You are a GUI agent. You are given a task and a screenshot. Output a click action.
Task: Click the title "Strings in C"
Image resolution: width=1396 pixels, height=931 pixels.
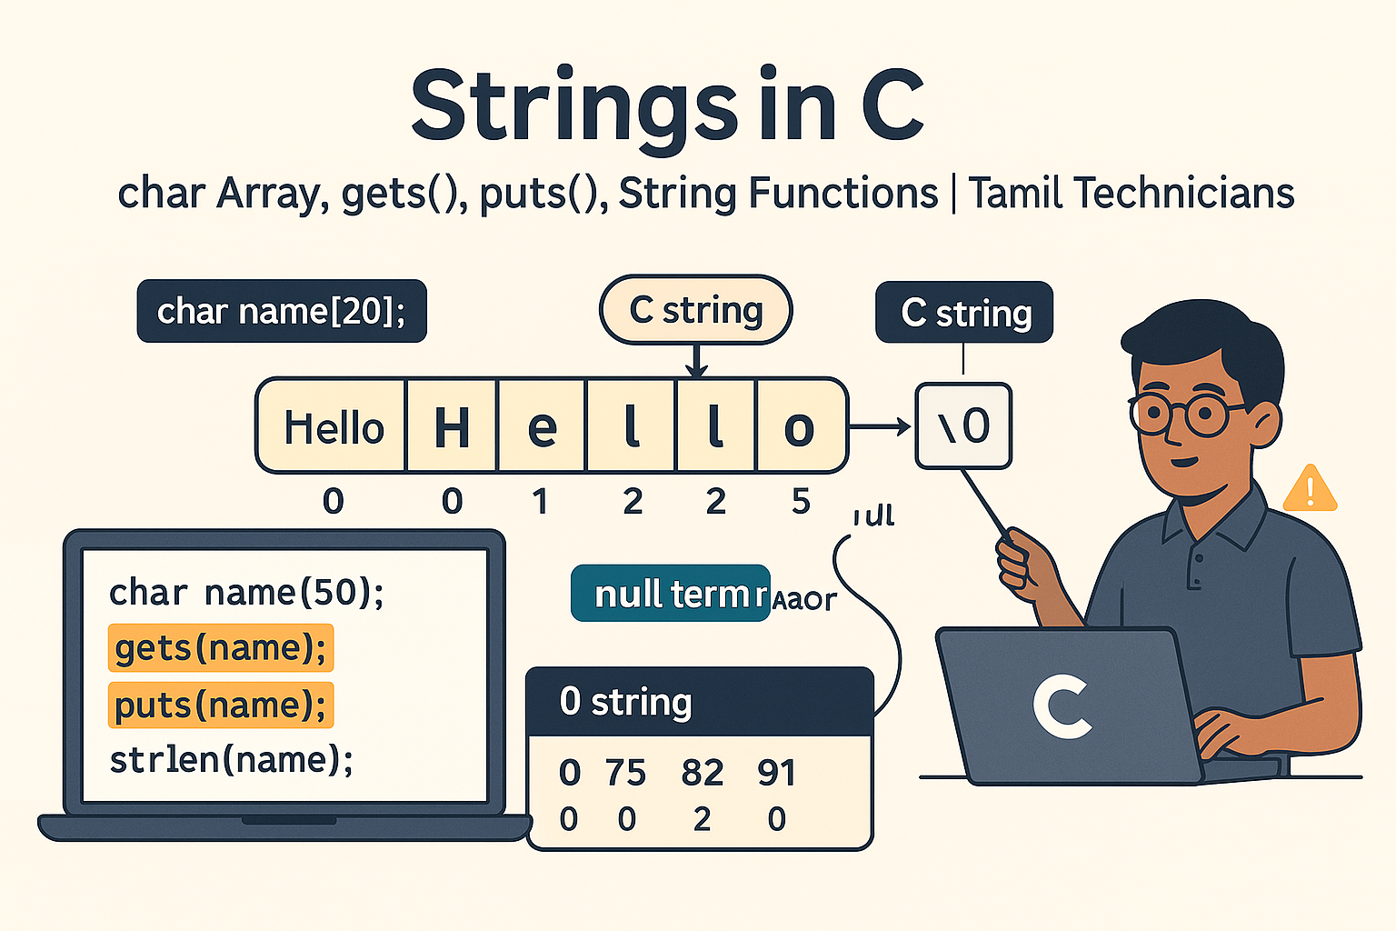tap(668, 107)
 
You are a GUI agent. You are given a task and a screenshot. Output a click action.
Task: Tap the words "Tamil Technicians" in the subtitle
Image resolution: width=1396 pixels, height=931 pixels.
tap(1131, 194)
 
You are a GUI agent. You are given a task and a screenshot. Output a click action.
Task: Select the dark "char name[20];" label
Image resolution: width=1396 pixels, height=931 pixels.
tap(282, 311)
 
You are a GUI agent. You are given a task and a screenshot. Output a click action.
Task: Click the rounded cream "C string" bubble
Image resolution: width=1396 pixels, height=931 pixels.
tap(695, 310)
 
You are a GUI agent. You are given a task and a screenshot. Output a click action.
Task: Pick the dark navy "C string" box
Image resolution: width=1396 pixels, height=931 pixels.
tap(964, 313)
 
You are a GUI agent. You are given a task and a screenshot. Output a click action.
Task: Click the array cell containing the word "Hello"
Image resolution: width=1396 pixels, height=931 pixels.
tap(333, 427)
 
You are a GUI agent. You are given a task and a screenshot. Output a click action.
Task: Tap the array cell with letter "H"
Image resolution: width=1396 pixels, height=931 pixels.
tap(452, 427)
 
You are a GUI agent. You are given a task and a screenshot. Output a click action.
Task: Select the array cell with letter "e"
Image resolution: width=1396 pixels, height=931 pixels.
tap(542, 427)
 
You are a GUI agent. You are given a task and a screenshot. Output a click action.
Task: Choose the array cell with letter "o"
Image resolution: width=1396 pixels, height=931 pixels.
tap(799, 427)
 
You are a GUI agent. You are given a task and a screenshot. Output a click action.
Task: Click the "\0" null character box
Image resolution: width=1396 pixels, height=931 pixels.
tap(963, 425)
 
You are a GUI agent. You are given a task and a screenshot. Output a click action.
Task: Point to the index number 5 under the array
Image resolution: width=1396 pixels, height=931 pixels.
tap(800, 500)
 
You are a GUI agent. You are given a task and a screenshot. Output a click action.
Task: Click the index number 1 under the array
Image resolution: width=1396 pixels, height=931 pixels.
tap(540, 501)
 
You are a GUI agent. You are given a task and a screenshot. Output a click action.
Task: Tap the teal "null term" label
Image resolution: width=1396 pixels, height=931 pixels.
tap(671, 594)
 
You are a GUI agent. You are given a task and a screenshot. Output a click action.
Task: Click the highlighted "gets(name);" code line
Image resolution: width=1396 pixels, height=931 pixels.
tap(221, 648)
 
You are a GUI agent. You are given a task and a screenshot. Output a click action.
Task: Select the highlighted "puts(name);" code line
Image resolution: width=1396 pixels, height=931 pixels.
tap(221, 705)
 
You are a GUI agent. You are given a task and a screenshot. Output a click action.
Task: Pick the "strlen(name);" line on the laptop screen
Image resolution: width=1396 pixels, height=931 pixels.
tap(231, 759)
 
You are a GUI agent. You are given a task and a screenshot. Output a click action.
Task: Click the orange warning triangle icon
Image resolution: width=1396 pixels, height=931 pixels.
tap(1310, 490)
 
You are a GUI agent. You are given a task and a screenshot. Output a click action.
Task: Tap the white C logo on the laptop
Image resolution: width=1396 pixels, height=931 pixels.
tap(1061, 706)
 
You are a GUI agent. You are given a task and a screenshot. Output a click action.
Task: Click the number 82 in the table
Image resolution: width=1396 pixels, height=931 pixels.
tap(702, 773)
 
